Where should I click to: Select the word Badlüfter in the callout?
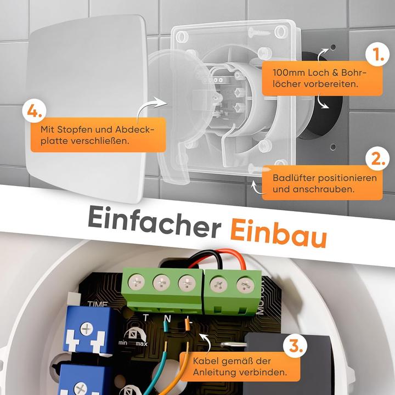coord(291,179)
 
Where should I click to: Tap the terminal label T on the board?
coord(144,317)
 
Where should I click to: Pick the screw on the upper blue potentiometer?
coord(87,329)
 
